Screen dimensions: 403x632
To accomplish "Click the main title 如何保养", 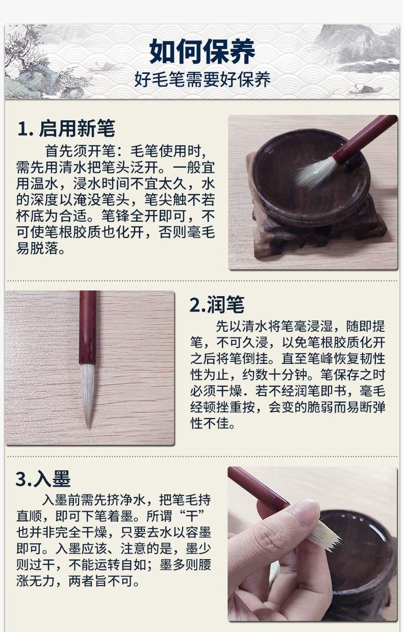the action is coord(202,51).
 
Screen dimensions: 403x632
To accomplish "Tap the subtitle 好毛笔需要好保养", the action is coord(202,79).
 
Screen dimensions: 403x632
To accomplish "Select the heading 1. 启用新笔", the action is coord(66,128).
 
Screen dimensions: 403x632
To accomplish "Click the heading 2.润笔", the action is coord(217,305).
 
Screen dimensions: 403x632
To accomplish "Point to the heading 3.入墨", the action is coord(43,479).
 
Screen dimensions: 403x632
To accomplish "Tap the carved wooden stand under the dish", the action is coord(317,226).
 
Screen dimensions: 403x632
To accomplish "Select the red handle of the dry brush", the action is coord(88,328).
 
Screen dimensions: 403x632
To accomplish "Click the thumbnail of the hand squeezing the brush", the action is coord(312,544).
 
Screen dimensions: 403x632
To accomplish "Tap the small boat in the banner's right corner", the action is coord(366,89).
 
